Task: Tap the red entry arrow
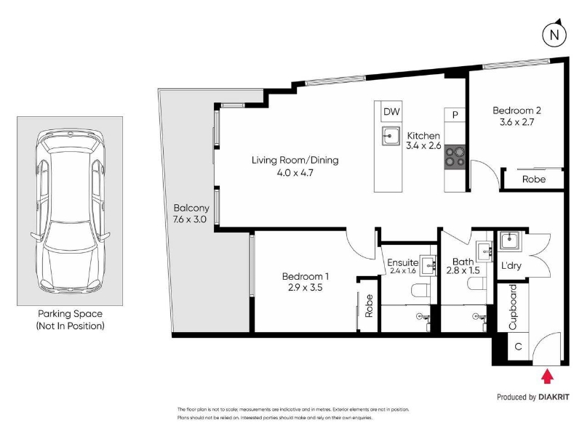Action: tap(547, 376)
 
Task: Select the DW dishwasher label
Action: tap(391, 112)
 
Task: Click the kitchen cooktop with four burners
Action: tap(455, 157)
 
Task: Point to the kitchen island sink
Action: tap(391, 136)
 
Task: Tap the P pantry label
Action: tap(455, 115)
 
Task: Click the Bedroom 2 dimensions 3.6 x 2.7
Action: tap(517, 122)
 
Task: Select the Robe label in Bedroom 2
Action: tap(534, 179)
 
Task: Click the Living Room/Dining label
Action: tap(295, 160)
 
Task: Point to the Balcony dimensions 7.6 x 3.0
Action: tap(190, 219)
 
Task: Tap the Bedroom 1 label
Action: tap(305, 276)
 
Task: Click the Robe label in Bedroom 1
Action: tap(369, 306)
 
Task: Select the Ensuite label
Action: tap(403, 262)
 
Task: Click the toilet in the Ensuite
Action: tap(421, 289)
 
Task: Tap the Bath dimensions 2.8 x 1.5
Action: tap(463, 270)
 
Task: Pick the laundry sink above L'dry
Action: tap(511, 241)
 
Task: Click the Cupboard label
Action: tap(513, 307)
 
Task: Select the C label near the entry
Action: tap(519, 347)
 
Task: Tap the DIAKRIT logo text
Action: tap(554, 397)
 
